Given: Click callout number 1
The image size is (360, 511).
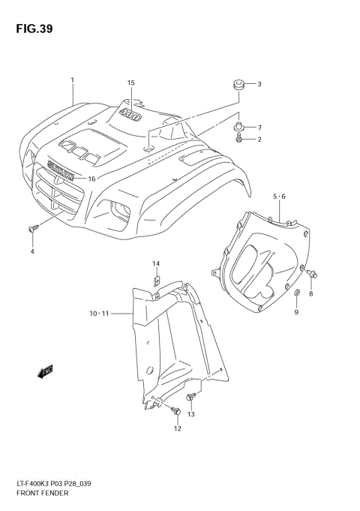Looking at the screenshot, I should [72, 80].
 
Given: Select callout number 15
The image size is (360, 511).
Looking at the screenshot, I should [130, 83].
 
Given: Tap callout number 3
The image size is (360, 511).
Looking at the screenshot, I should [259, 84].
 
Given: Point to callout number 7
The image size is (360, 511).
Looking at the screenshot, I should [259, 128].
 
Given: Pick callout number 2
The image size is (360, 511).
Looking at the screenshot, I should [259, 139].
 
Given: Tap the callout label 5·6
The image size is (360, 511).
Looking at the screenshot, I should [279, 197].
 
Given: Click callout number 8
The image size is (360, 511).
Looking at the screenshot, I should [311, 293].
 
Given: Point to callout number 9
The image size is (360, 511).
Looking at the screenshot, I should [295, 311].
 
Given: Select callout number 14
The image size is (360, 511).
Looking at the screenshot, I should [157, 263].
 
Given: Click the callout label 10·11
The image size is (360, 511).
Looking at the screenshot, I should [99, 314].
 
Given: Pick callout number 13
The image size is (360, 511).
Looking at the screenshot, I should [190, 413].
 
